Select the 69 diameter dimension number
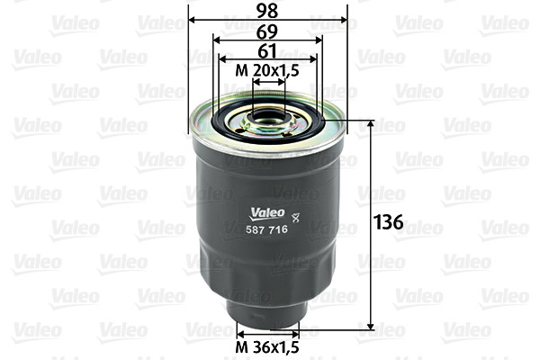268,30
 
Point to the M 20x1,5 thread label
268,70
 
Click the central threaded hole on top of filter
268,115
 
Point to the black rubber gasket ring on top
268,127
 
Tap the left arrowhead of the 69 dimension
216,40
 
